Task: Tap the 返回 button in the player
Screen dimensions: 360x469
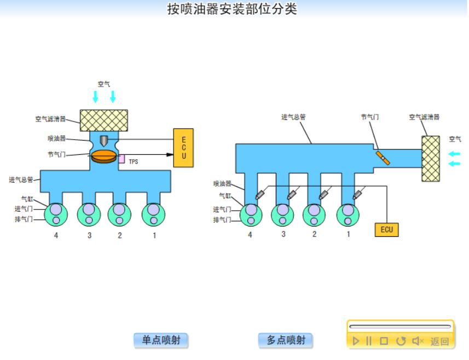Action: [x=439, y=341]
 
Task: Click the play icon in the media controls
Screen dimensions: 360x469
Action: [x=356, y=341]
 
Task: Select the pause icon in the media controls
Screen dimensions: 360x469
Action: [x=369, y=341]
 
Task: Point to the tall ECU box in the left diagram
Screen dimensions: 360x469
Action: [x=183, y=148]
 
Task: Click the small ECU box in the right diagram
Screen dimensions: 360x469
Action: [x=386, y=229]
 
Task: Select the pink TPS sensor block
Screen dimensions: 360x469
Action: [x=121, y=159]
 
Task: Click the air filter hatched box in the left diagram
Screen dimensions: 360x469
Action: [x=104, y=120]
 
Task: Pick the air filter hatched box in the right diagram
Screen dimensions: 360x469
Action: [x=431, y=158]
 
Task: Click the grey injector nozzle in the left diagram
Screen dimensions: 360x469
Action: [x=104, y=140]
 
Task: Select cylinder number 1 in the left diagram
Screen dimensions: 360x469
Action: [x=154, y=214]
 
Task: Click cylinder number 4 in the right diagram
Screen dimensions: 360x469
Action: [x=251, y=214]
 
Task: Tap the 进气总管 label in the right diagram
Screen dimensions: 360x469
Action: [x=293, y=117]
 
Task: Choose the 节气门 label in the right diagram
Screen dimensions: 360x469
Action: [x=369, y=117]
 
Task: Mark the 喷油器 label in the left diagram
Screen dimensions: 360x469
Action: [x=57, y=138]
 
